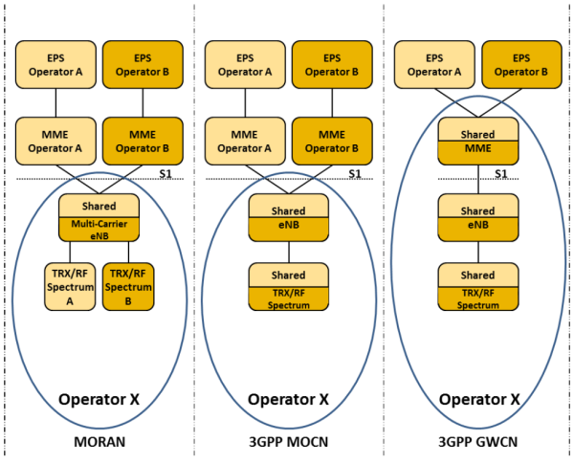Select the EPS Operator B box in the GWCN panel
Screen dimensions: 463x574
tap(521, 63)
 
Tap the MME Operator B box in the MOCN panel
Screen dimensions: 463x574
tap(331, 141)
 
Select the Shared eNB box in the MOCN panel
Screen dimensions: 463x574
tap(289, 217)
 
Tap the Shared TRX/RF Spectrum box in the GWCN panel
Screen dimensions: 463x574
tap(477, 286)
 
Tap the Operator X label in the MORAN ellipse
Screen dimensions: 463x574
tap(99, 399)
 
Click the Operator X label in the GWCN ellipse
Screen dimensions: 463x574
tap(478, 399)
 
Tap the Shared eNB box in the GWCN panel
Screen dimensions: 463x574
tap(477, 217)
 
